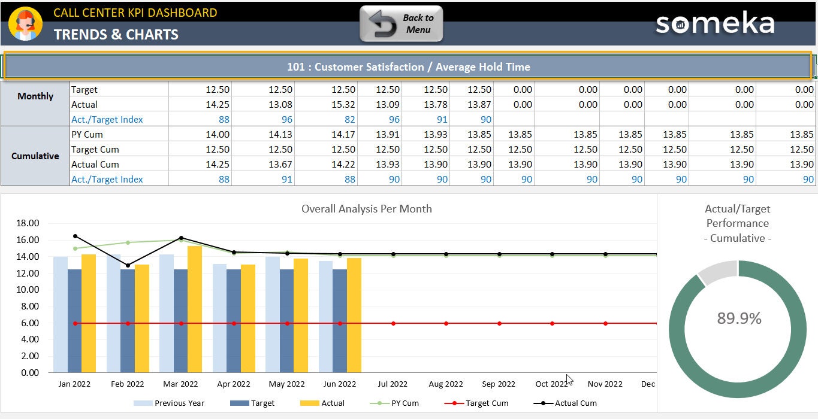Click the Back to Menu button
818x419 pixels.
[401, 24]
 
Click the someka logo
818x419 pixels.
[714, 24]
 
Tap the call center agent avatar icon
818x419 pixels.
[25, 24]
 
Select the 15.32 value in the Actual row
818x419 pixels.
[343, 104]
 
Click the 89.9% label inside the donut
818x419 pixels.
[739, 318]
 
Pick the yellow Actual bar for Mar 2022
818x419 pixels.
[195, 309]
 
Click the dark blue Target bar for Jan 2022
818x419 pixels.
[75, 320]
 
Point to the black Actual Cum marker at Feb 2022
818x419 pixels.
[128, 265]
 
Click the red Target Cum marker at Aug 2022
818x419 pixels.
[446, 323]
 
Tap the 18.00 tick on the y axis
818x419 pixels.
[26, 223]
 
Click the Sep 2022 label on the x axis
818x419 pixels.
[499, 384]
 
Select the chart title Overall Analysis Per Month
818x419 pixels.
[366, 209]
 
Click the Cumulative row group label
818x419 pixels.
[35, 156]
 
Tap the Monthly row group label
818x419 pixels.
[35, 96]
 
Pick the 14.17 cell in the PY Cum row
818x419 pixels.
[343, 135]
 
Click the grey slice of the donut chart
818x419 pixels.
[717, 272]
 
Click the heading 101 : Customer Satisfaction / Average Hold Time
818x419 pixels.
[408, 67]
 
